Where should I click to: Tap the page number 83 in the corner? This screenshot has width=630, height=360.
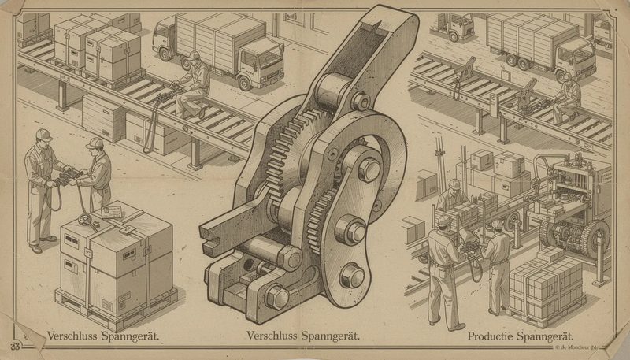coord(15,343)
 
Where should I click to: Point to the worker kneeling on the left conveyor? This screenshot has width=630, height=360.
coord(194,83)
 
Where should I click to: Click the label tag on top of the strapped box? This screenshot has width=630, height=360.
coord(109,211)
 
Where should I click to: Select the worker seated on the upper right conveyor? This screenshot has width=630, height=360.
coord(565,95)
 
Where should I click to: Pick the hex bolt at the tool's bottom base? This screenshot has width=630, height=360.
coord(277,296)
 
